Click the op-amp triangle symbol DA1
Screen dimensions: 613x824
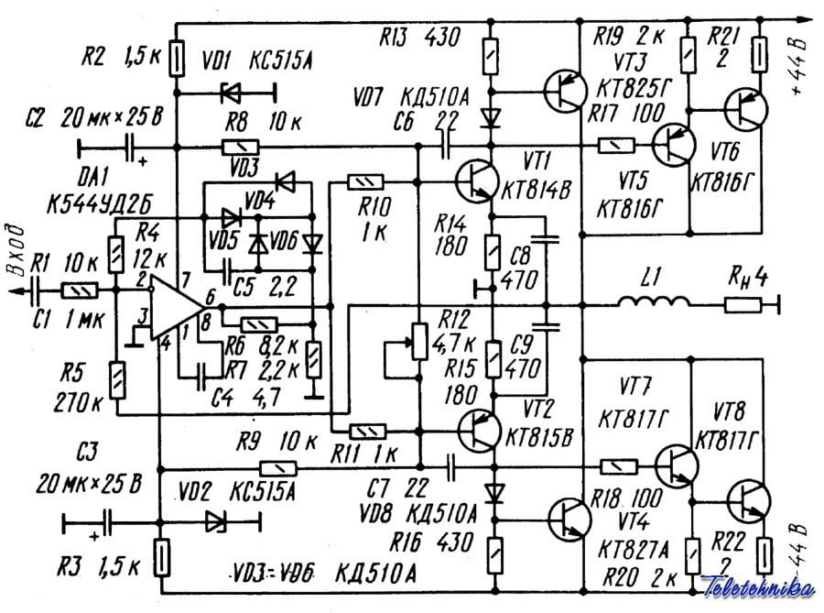179,305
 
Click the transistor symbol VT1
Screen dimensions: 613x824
476,176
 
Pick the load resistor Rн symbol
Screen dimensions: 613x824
739,304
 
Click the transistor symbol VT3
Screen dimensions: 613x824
564,90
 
